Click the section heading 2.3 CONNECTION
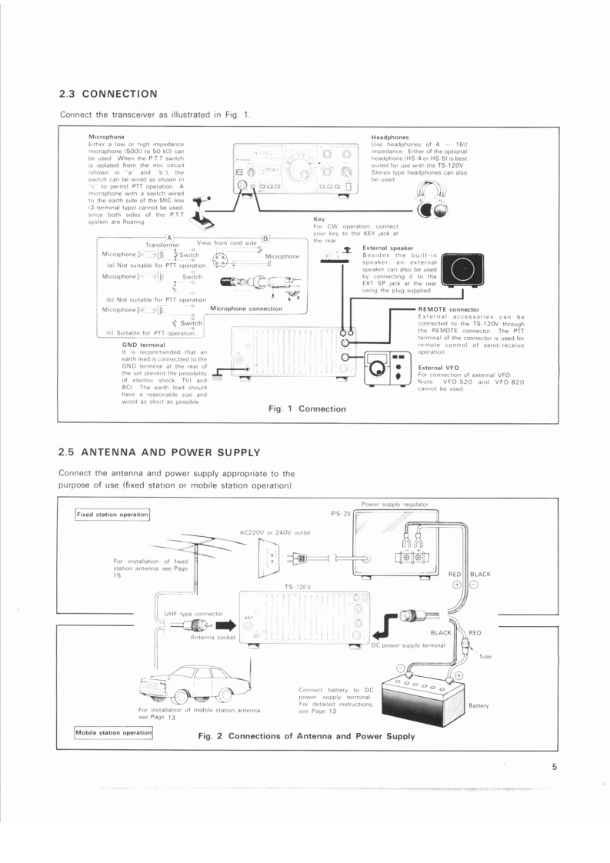click(x=108, y=94)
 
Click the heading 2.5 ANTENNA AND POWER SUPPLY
click(x=159, y=451)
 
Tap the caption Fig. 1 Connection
click(x=307, y=408)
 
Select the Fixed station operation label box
click(x=112, y=514)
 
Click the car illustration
click(x=193, y=684)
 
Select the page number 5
click(x=554, y=766)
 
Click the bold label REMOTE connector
click(x=448, y=309)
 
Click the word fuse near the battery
click(x=485, y=656)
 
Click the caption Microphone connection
click(x=245, y=308)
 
